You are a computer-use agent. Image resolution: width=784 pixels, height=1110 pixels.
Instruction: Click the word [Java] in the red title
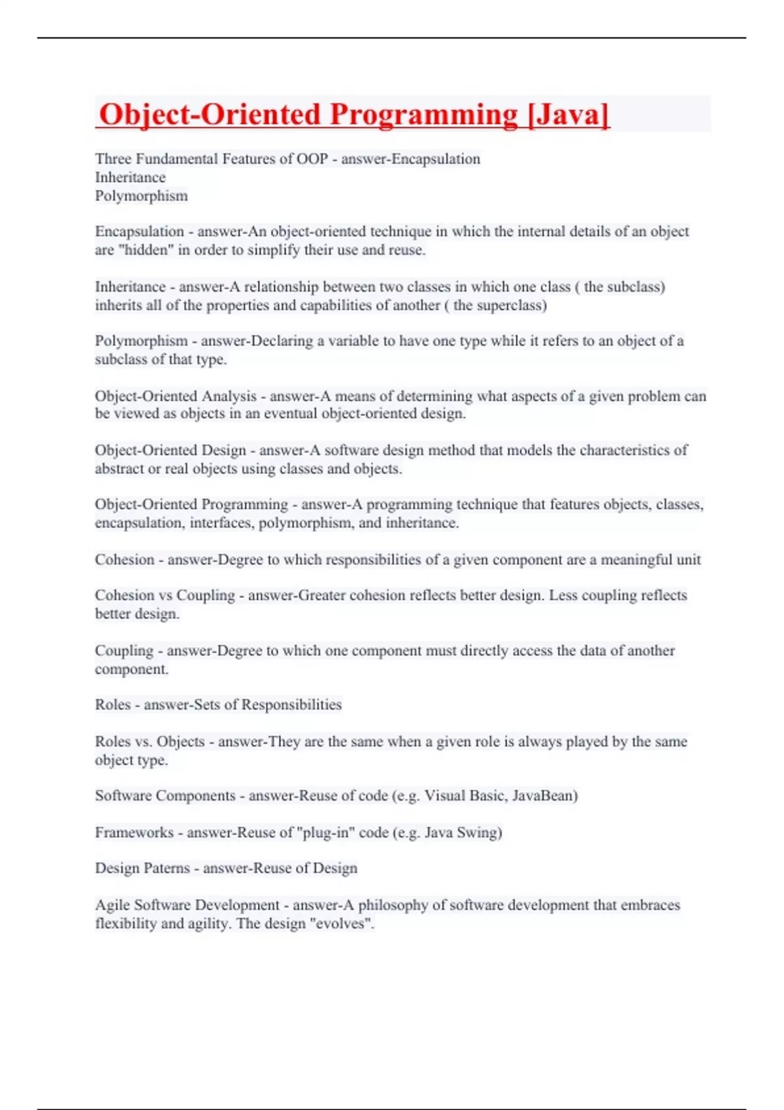(x=568, y=115)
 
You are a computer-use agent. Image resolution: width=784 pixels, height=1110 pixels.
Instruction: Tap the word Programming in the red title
(x=424, y=115)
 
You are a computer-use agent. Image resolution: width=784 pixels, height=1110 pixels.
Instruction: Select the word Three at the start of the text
(x=112, y=159)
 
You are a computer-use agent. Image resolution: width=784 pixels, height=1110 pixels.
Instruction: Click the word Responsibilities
(x=291, y=705)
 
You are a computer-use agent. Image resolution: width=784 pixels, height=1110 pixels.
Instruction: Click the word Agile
(x=112, y=905)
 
